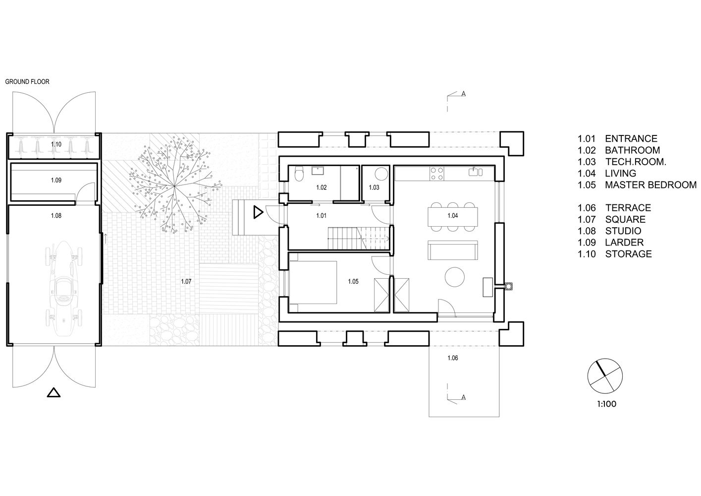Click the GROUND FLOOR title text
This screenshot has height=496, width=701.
(x=27, y=82)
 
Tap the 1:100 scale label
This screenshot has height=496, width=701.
(x=606, y=404)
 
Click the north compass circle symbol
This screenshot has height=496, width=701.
(x=605, y=376)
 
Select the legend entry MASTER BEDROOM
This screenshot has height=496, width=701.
(x=650, y=185)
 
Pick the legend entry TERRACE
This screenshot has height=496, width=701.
(x=628, y=208)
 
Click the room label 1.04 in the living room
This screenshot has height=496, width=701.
(x=452, y=216)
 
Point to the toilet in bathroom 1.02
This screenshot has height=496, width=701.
(x=299, y=174)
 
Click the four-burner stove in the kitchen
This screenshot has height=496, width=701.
(x=437, y=174)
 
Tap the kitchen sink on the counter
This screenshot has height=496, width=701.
(x=476, y=172)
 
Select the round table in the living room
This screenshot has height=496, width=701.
(x=455, y=276)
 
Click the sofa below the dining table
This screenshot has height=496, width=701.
(x=452, y=250)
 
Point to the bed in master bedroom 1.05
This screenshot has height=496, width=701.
(x=313, y=283)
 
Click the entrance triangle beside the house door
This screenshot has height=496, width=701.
(x=258, y=212)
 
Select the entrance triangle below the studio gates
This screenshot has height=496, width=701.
(x=54, y=393)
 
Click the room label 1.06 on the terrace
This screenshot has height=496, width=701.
(x=452, y=358)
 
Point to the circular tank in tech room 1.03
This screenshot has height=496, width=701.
(x=381, y=174)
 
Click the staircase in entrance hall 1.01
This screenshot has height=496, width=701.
(x=359, y=238)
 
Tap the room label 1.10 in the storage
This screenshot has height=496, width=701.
(x=56, y=144)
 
